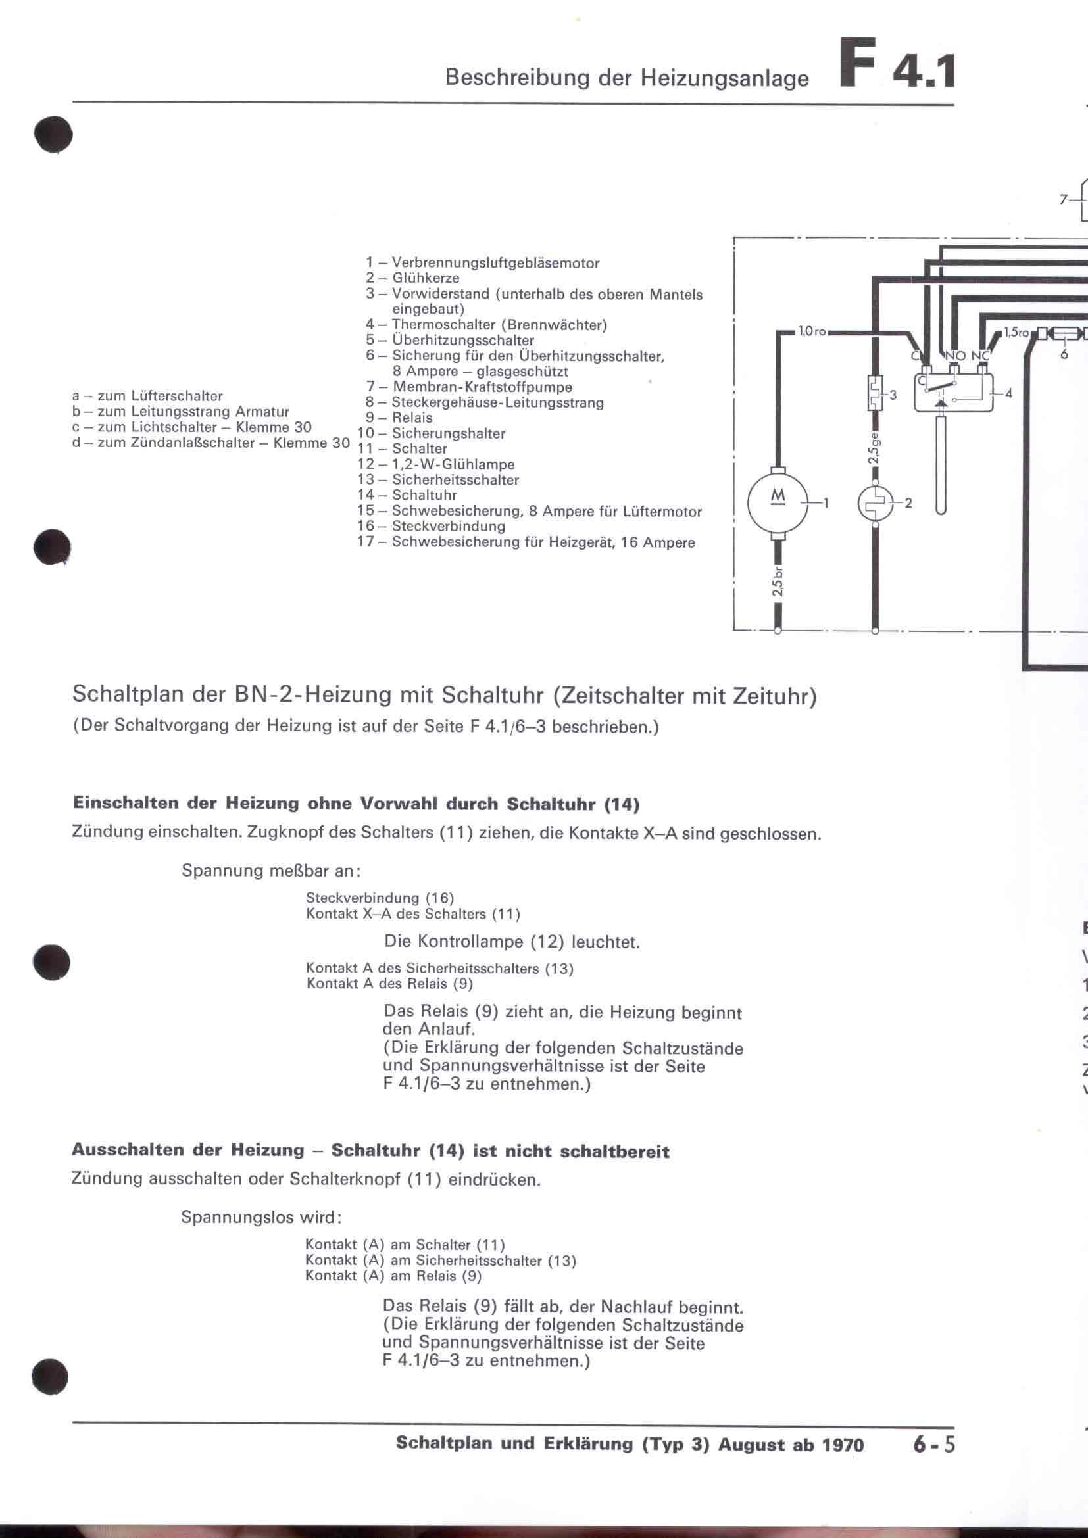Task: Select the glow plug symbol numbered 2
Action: [875, 503]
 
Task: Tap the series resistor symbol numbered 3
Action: [875, 393]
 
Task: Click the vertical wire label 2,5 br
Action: [777, 583]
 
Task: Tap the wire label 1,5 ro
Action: [1016, 331]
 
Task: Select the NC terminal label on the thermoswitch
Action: [980, 356]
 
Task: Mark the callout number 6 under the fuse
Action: [1063, 354]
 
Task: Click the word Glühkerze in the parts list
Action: [426, 278]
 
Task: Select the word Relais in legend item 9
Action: [412, 418]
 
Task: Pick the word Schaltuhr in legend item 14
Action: [424, 495]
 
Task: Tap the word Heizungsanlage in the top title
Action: [725, 79]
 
